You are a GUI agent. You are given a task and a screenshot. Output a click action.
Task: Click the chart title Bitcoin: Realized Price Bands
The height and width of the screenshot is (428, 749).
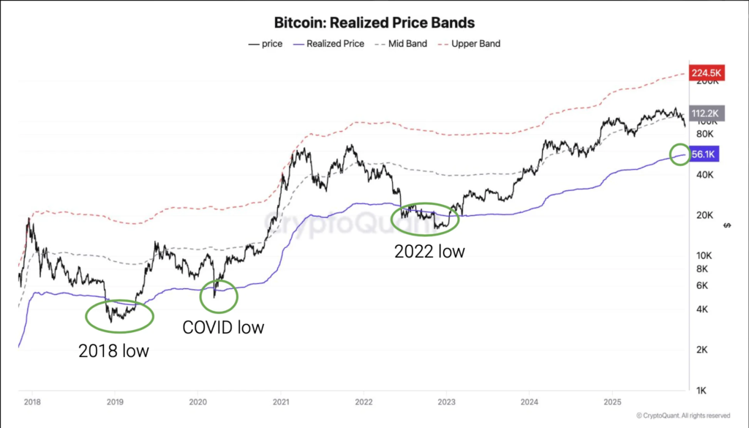click(374, 23)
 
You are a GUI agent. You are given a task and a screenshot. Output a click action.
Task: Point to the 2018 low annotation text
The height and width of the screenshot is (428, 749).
click(113, 350)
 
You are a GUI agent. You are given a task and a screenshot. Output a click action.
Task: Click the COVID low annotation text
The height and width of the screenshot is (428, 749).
click(223, 326)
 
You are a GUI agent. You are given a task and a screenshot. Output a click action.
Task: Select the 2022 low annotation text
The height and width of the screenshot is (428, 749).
click(429, 252)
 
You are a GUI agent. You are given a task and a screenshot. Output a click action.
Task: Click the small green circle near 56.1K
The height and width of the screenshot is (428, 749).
click(680, 154)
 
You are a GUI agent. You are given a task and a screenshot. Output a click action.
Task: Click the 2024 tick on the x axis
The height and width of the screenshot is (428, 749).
click(529, 402)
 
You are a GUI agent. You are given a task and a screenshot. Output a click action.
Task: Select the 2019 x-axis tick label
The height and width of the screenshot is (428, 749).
click(115, 402)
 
